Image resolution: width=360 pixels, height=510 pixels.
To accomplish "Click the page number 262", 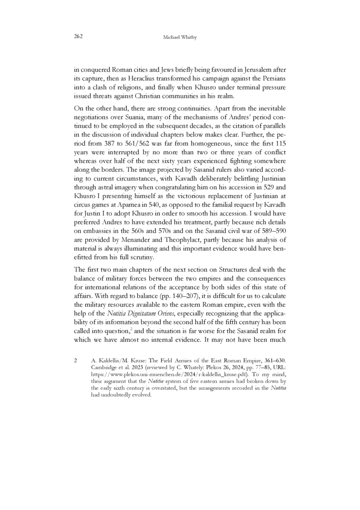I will (x=77, y=36).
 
